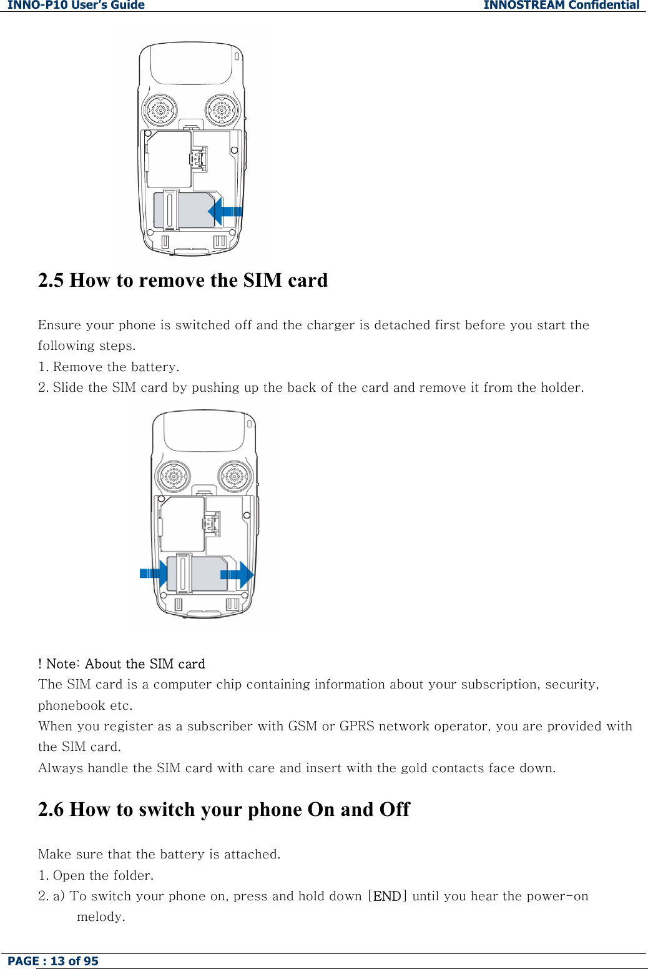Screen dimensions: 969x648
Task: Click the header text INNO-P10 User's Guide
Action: pyautogui.click(x=76, y=5)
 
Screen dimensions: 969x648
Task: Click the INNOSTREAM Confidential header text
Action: pyautogui.click(x=561, y=5)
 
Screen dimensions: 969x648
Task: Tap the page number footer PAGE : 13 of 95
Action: pyautogui.click(x=53, y=961)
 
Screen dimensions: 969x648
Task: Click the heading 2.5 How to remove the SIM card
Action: pyautogui.click(x=183, y=280)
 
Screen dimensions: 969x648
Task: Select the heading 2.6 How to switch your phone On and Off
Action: pyautogui.click(x=223, y=809)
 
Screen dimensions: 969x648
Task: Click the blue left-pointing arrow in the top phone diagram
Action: pyautogui.click(x=225, y=211)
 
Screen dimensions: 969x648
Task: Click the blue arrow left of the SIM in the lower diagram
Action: pyautogui.click(x=154, y=573)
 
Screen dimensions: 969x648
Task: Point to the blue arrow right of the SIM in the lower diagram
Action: pyautogui.click(x=237, y=574)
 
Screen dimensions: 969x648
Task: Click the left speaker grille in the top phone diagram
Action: pyautogui.click(x=160, y=111)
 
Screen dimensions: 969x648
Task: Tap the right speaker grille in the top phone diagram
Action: pyautogui.click(x=223, y=111)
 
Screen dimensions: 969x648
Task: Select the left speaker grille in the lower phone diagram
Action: pyautogui.click(x=174, y=477)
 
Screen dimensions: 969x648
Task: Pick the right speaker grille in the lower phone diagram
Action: pyautogui.click(x=235, y=477)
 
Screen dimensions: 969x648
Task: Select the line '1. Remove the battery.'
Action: pyautogui.click(x=109, y=367)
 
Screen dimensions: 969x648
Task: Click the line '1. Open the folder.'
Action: pyautogui.click(x=96, y=875)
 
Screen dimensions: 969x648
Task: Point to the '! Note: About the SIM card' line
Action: pyautogui.click(x=122, y=663)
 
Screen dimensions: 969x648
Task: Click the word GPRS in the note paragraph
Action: pyautogui.click(x=356, y=726)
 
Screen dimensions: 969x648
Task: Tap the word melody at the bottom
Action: pyautogui.click(x=101, y=917)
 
